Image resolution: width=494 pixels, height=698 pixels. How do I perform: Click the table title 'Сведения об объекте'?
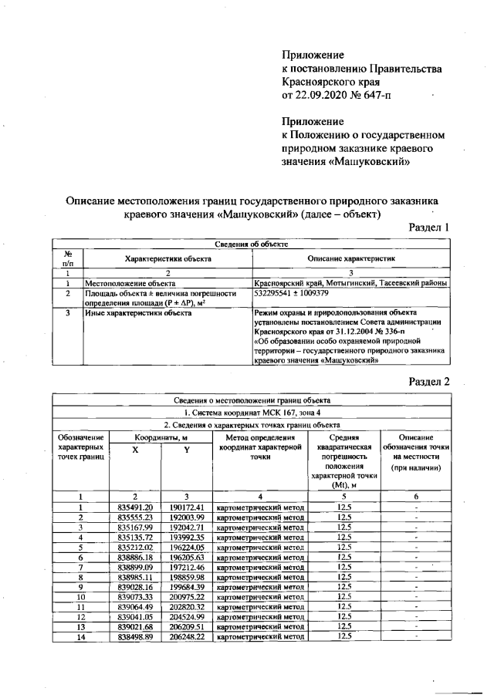point(252,244)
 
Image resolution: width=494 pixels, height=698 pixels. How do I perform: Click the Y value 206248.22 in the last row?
point(184,637)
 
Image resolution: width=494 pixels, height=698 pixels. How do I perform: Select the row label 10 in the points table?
point(80,597)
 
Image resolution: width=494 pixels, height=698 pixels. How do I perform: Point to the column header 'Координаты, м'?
point(159,437)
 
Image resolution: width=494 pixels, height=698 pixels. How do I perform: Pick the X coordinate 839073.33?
point(134,597)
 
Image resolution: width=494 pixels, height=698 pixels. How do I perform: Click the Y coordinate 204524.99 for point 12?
point(184,617)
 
